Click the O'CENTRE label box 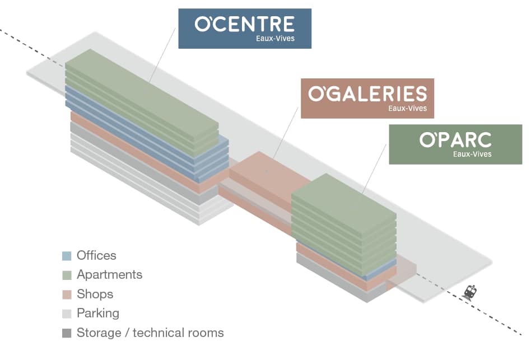tap(244, 28)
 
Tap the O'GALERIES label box tap(367, 98)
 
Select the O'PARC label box tap(455, 144)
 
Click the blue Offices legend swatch tap(67, 256)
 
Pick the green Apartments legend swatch tap(67, 275)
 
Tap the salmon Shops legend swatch tap(67, 294)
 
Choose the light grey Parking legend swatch tap(67, 314)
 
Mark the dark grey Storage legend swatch tap(67, 333)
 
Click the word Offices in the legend tap(96, 255)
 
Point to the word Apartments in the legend tap(109, 275)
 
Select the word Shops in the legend tap(95, 294)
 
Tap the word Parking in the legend tap(97, 314)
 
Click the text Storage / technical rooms tap(150, 333)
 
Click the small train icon tap(471, 293)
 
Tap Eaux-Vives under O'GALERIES tap(407, 109)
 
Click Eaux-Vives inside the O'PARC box tap(472, 154)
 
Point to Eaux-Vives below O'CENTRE tap(275, 39)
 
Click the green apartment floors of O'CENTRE tap(140, 95)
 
